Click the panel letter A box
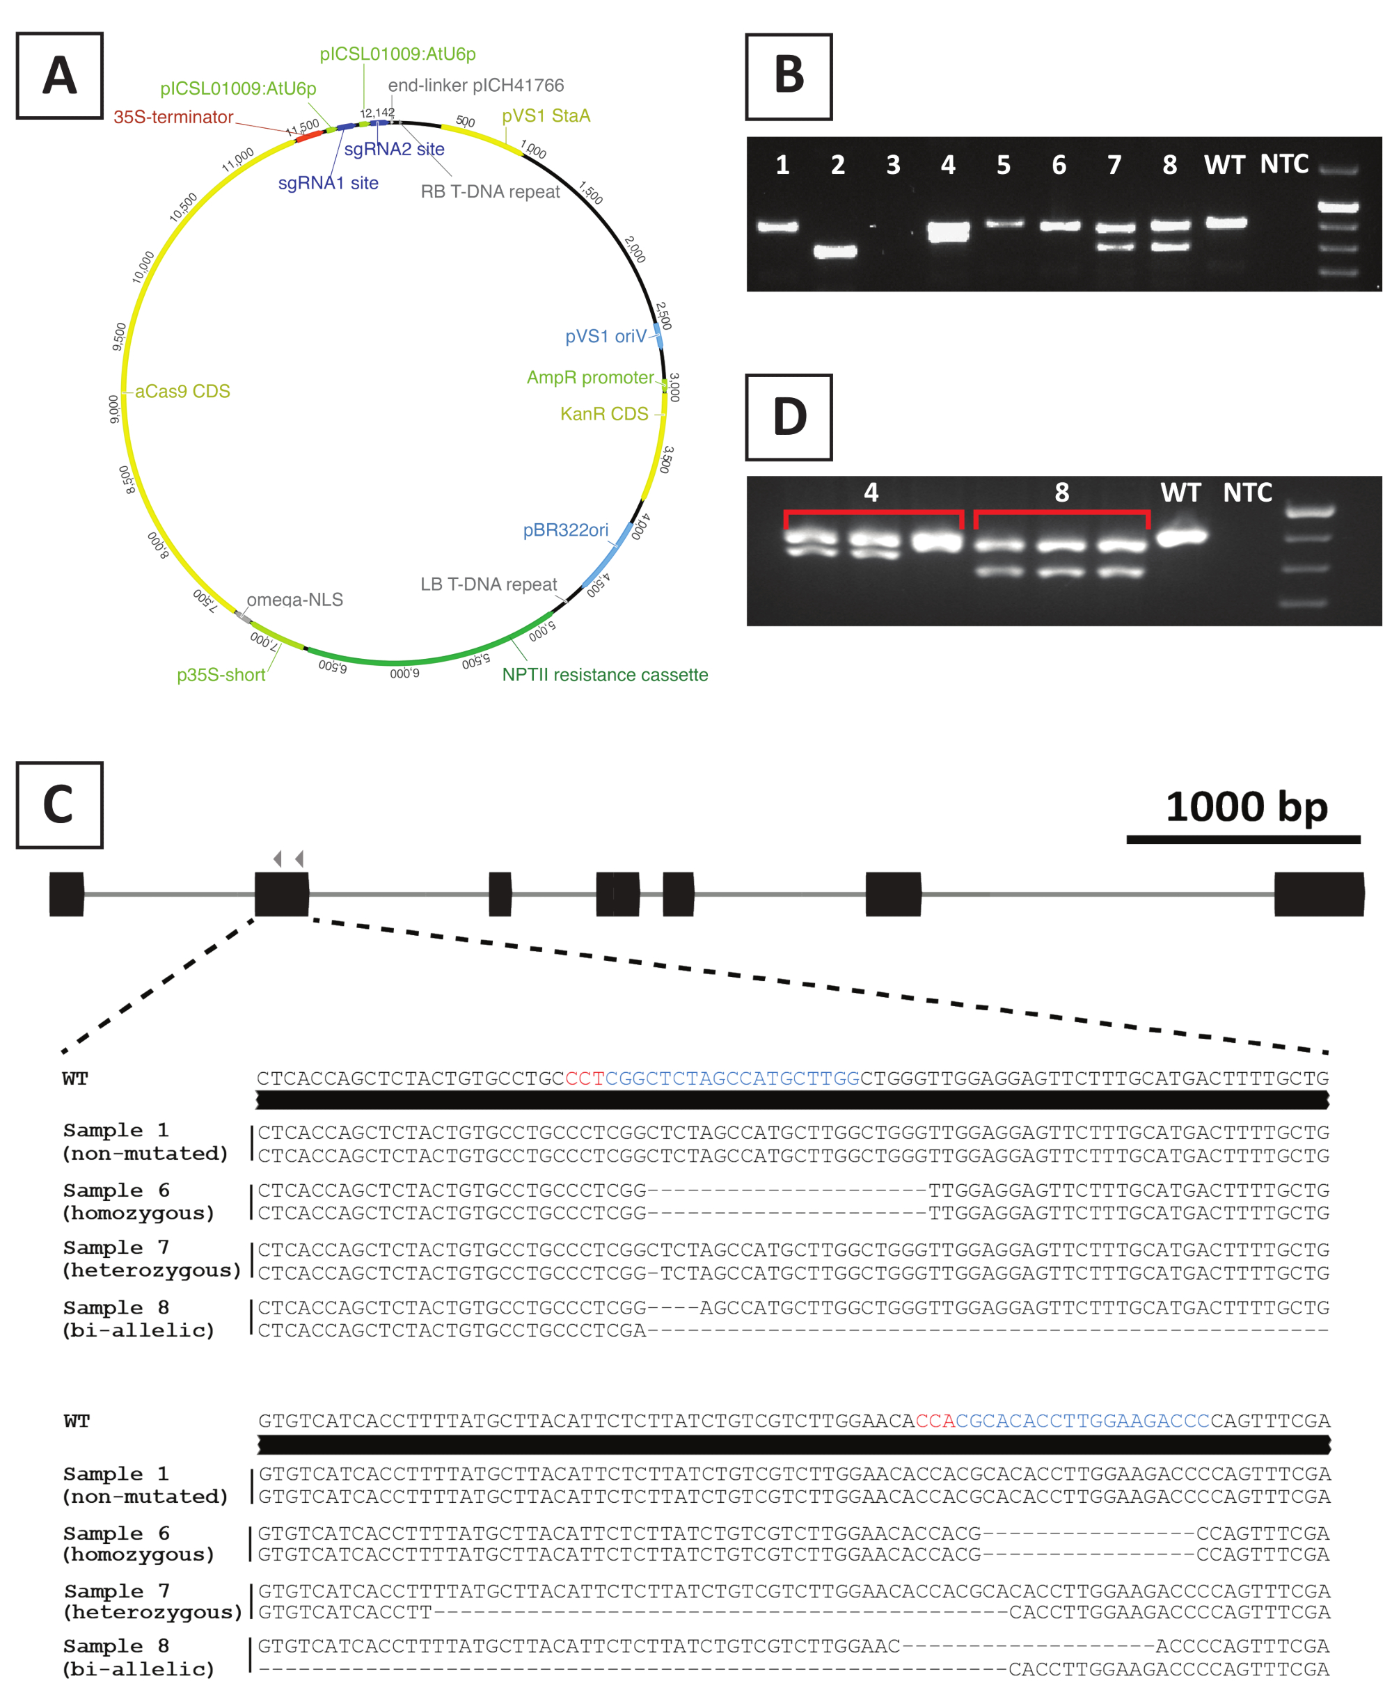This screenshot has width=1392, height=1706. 59,76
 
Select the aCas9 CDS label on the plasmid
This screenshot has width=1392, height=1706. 182,391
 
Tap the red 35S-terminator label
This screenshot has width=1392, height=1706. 173,117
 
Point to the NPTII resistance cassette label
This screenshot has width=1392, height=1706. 605,675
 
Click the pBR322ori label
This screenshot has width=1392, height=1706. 565,530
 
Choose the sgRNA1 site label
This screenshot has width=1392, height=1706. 328,183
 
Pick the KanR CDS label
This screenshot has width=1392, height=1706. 604,414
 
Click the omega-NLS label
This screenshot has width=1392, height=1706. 294,600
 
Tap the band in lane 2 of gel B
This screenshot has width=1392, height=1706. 835,252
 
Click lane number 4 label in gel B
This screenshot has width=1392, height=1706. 948,165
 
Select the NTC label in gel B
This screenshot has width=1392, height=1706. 1283,164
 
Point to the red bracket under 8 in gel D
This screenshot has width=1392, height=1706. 1061,513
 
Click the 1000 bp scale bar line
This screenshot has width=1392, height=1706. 1243,839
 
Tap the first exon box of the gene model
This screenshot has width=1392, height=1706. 67,894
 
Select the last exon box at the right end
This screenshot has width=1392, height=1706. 1319,894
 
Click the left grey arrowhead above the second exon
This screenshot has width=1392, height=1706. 278,859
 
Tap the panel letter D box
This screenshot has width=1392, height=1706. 789,417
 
